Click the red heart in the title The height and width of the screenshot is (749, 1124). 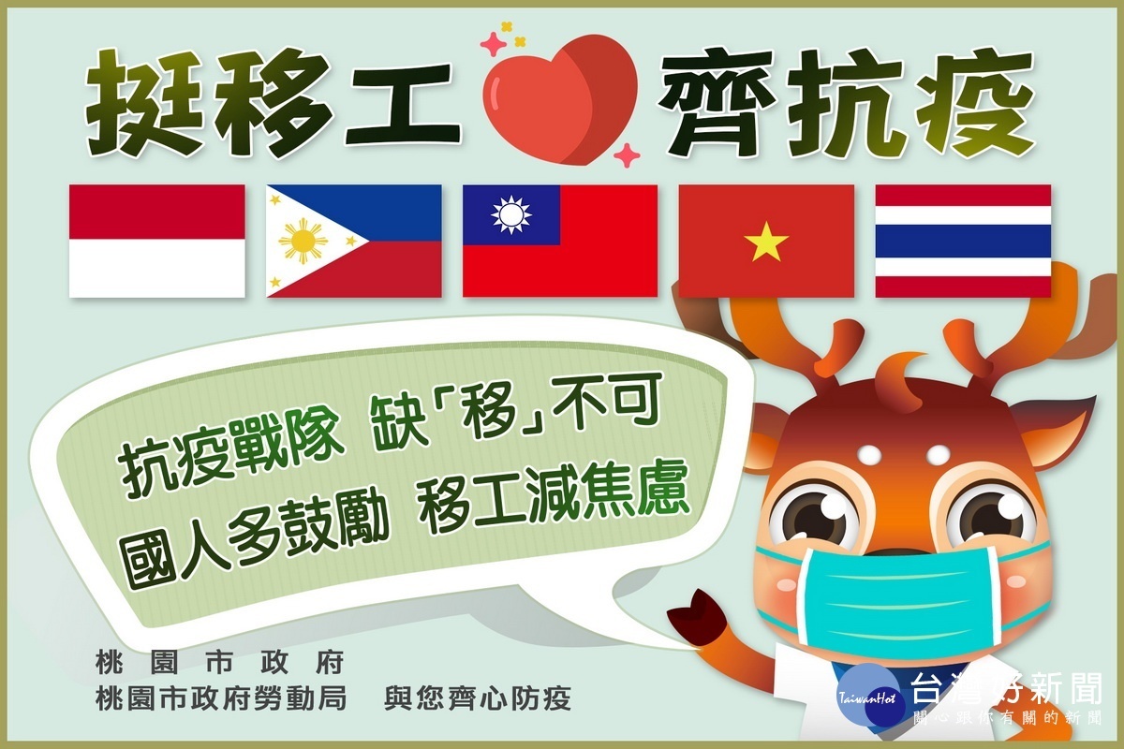pos(559,97)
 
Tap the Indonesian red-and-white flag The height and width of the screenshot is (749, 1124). pos(157,241)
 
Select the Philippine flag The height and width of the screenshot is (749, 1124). pos(354,241)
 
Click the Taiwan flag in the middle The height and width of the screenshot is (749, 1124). pos(560,241)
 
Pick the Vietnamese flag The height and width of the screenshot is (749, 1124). pos(766,241)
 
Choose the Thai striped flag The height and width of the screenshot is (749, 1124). pos(963,241)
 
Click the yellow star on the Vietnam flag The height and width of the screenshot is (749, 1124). pos(766,242)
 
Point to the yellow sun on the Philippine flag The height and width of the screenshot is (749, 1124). pos(303,242)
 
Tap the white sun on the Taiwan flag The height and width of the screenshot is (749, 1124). pos(510,214)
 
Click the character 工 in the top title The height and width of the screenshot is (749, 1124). pos(402,106)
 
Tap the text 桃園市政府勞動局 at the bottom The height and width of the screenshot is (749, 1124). pos(221,698)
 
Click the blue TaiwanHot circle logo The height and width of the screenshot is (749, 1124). pos(867,696)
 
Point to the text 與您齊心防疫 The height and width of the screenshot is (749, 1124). pos(477,698)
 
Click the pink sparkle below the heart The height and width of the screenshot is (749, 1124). pos(628,155)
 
